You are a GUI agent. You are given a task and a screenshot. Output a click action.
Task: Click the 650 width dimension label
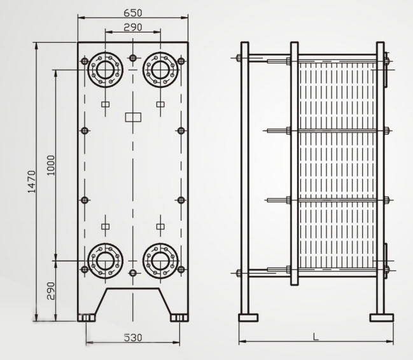[133, 12]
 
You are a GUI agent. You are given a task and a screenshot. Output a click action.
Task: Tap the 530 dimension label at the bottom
[132, 337]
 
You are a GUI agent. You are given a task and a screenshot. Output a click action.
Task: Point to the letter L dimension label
[316, 335]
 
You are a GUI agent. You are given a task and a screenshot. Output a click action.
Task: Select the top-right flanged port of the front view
[160, 69]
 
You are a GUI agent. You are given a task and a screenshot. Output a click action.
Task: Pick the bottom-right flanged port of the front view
[160, 260]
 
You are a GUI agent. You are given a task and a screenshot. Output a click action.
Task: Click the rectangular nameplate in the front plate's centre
[132, 117]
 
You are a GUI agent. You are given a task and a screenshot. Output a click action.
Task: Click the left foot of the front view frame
[87, 317]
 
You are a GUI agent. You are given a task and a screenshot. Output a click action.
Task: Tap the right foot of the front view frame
[179, 317]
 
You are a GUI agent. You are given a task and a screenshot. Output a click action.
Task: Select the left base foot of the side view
[248, 317]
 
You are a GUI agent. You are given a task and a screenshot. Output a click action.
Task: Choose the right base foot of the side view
[382, 317]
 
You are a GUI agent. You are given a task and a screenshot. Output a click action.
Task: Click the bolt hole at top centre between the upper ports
[132, 59]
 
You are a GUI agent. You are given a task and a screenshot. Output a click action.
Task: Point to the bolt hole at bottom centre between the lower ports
[132, 273]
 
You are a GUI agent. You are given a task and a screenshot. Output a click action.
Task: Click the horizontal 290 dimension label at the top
[132, 27]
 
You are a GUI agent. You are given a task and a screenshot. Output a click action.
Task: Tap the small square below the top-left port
[106, 104]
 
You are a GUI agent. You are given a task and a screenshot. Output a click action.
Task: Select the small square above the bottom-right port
[160, 226]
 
